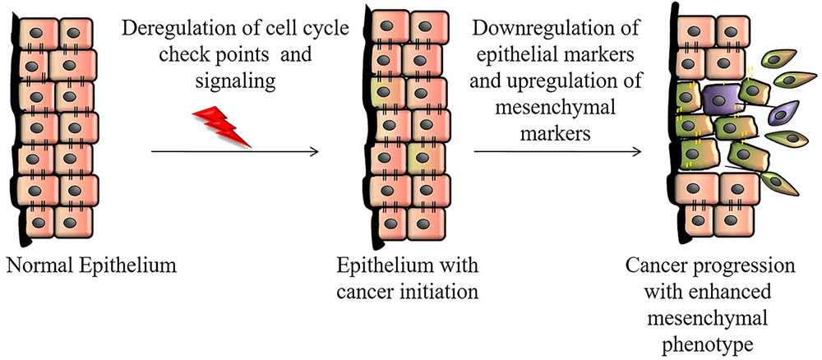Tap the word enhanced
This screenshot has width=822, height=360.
pos(754,291)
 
